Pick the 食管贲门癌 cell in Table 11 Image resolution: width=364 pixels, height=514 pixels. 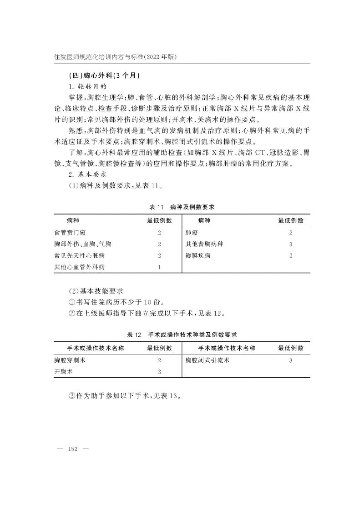pyautogui.click(x=70, y=233)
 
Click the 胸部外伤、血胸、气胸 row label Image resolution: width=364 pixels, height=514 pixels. pyautogui.click(x=82, y=244)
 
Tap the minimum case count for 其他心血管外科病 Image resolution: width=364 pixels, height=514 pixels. pyautogui.click(x=159, y=267)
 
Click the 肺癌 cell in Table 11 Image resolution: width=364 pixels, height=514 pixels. pyautogui.click(x=191, y=233)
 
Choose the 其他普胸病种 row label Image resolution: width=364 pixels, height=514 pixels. pyautogui.click(x=204, y=244)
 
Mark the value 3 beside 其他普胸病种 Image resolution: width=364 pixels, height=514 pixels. pyautogui.click(x=291, y=244)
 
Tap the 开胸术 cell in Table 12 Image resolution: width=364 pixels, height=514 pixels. pyautogui.click(x=63, y=372)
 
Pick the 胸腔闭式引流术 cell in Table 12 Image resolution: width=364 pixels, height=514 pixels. pyautogui.click(x=207, y=360)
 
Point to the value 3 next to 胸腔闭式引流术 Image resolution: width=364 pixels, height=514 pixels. pyautogui.click(x=291, y=360)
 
